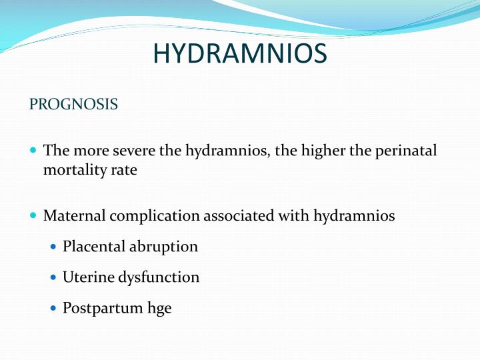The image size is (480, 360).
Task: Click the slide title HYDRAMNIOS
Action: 240,54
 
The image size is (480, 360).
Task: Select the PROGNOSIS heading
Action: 74,105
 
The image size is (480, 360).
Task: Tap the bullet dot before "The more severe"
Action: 34,151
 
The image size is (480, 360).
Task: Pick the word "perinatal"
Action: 406,151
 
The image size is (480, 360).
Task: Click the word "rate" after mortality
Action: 123,170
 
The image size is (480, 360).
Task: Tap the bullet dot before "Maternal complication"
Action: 34,216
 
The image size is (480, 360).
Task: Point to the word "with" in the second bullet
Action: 294,216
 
